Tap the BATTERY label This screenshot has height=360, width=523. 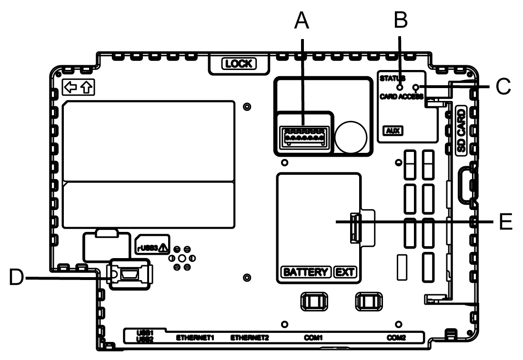305,272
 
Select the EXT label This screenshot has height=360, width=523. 345,272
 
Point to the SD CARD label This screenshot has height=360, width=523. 461,130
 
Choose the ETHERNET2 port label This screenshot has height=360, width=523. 250,338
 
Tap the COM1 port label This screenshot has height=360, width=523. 314,338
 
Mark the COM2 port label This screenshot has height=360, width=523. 396,338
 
